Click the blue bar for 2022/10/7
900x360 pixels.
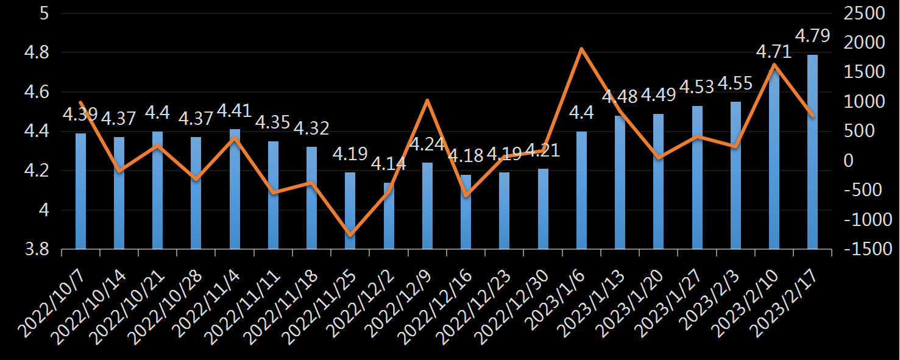coord(80,191)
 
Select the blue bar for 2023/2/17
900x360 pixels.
coord(812,152)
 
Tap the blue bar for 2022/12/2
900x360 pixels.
coord(389,216)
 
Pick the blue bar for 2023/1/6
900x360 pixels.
coord(581,190)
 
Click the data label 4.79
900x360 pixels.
coord(812,36)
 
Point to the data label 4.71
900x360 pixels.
coord(774,52)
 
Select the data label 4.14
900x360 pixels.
coord(388,164)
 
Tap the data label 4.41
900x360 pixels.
coord(235,111)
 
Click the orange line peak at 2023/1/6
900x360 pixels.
coord(581,49)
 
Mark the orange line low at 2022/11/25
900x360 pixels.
coord(350,235)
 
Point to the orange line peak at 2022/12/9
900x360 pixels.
coord(427,101)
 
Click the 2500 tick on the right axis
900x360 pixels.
coord(865,13)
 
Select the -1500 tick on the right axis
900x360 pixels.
coord(861,249)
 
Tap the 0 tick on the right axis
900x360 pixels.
coord(848,161)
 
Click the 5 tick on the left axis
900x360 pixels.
coord(44,13)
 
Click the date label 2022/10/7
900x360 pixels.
coord(54,298)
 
